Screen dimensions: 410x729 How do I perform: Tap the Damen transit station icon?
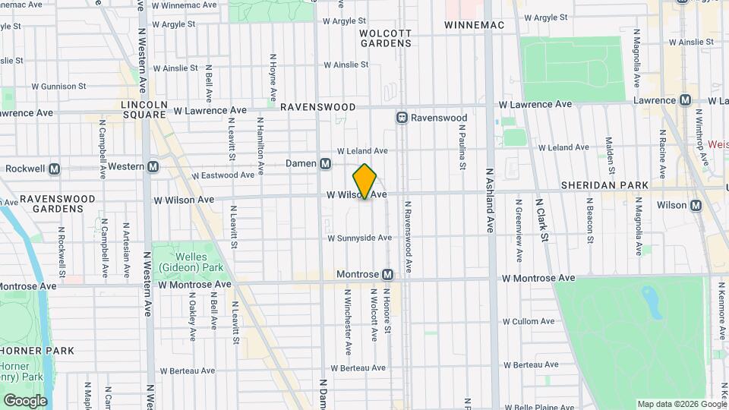325,164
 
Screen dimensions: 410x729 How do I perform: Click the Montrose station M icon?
387,274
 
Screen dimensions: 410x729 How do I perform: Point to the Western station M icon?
153,166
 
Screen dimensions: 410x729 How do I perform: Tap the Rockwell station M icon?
54,169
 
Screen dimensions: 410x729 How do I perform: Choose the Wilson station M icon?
696,205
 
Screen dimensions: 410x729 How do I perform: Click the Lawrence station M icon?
685,100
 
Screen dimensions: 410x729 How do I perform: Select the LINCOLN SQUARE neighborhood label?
144,109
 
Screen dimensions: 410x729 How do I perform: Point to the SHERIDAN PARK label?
604,185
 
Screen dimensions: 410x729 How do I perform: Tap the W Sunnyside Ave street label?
359,238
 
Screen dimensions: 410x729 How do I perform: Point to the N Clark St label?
544,220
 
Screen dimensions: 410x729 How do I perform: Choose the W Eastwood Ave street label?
222,175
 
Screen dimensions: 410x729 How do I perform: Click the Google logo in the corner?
25,401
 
